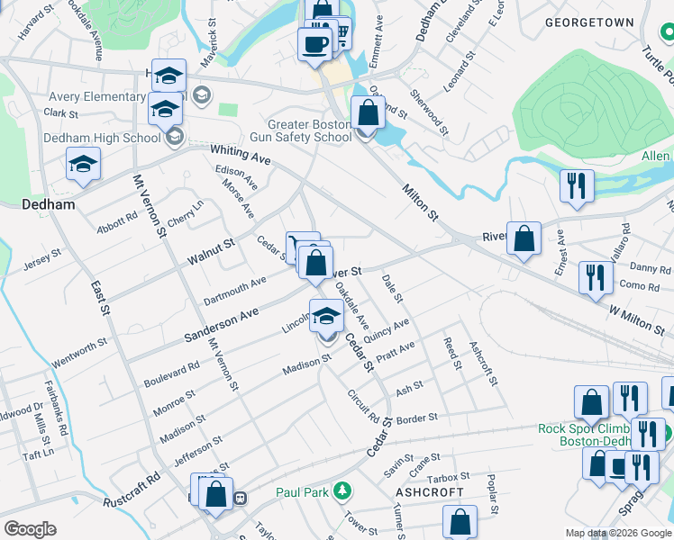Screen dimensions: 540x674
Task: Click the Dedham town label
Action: click(47, 205)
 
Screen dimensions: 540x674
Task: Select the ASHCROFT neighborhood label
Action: click(429, 492)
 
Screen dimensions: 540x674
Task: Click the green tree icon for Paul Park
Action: click(342, 490)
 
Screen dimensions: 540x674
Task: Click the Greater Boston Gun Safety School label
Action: click(308, 130)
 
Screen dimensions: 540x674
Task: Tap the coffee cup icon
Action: click(314, 44)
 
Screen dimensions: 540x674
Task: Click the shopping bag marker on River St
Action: click(524, 239)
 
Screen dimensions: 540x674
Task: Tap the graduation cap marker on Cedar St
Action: click(327, 316)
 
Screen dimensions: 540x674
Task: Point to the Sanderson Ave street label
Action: click(222, 322)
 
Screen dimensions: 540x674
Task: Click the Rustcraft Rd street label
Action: click(131, 490)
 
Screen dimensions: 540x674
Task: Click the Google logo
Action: click(31, 529)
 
